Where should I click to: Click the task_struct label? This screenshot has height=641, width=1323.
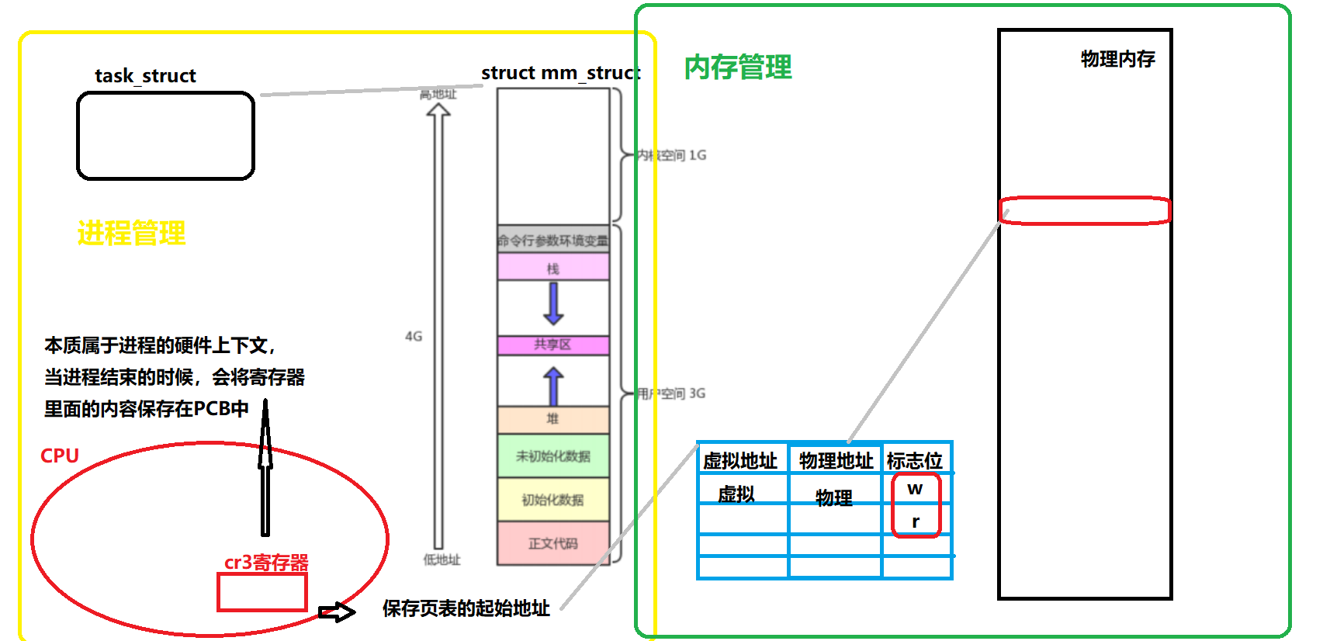145,76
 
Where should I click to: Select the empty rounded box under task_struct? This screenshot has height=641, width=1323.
165,136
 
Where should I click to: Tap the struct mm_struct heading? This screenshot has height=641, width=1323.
560,73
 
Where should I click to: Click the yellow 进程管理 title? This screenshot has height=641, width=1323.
131,233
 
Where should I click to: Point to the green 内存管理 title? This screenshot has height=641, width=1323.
737,68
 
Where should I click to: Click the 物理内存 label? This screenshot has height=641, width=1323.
1117,59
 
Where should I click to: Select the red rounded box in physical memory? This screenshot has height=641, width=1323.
1084,210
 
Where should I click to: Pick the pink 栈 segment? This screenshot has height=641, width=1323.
552,268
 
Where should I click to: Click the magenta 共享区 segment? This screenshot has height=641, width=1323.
552,345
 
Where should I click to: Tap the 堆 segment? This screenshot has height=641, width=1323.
552,419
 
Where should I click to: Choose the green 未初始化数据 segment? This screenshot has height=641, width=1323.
552,456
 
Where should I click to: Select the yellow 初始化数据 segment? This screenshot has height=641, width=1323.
552,500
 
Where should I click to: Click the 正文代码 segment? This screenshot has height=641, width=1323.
552,543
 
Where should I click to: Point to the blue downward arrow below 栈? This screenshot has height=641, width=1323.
553,303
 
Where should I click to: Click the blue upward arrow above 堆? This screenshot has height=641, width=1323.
553,386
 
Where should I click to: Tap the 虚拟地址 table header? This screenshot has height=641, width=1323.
740,461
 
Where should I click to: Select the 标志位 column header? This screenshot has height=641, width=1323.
915,461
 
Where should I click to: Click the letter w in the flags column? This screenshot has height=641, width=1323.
915,489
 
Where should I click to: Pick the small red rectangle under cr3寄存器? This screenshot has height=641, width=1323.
262,592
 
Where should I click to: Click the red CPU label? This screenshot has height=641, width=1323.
60,456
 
